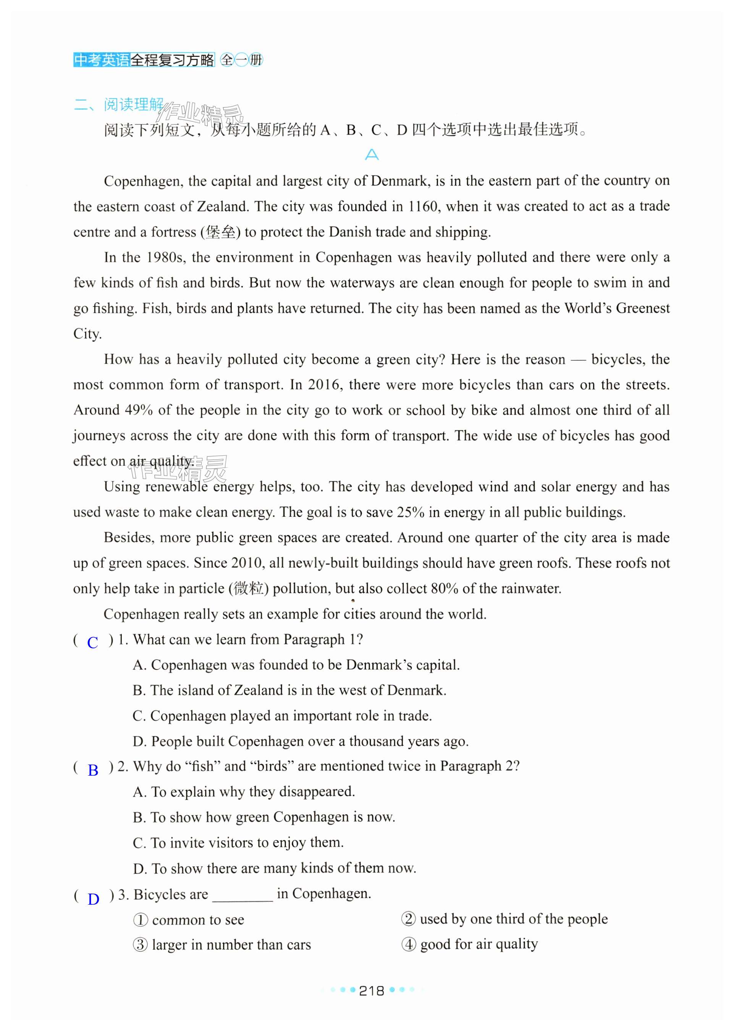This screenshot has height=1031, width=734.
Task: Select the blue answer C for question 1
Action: pyautogui.click(x=93, y=642)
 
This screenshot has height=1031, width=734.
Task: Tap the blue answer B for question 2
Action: pyautogui.click(x=93, y=770)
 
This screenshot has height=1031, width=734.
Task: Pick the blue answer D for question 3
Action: pyautogui.click(x=94, y=899)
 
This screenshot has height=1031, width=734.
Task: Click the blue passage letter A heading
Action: pyautogui.click(x=372, y=155)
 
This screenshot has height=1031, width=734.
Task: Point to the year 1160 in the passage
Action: pyautogui.click(x=423, y=207)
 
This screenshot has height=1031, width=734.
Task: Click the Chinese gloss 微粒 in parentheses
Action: pyautogui.click(x=249, y=589)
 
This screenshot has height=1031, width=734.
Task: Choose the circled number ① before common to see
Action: pyautogui.click(x=141, y=920)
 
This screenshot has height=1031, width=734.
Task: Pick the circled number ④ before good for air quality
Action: pyautogui.click(x=409, y=944)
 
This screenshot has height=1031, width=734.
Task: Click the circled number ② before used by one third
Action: pyautogui.click(x=408, y=919)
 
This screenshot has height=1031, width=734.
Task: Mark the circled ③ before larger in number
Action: pyautogui.click(x=141, y=945)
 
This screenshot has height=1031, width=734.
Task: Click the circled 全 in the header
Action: pyautogui.click(x=227, y=60)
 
